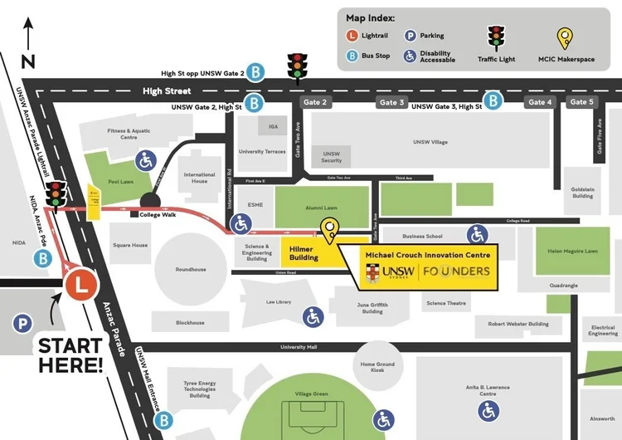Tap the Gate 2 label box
click(x=315, y=102)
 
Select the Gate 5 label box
click(x=581, y=102)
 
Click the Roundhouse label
click(x=190, y=270)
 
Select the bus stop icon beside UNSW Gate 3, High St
click(x=493, y=101)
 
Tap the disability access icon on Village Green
click(x=382, y=421)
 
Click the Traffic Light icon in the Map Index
click(x=497, y=37)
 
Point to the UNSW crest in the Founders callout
click(x=375, y=271)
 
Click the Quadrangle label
click(x=564, y=286)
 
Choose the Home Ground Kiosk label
click(x=377, y=367)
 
